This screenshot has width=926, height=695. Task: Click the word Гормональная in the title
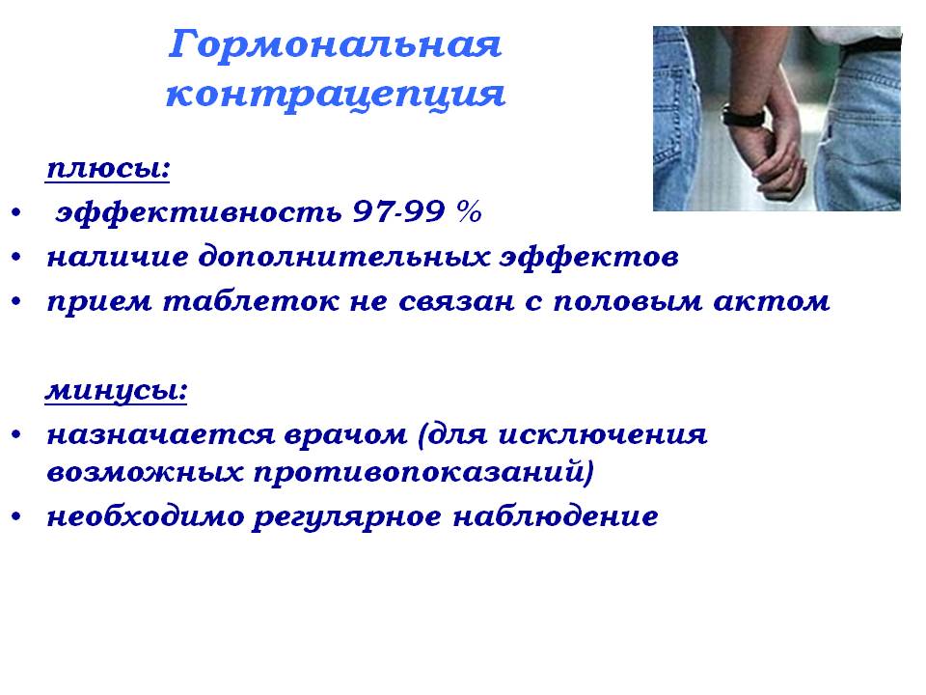[335, 46]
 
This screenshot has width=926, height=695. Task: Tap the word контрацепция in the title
[336, 95]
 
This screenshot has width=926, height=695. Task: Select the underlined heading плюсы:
[108, 168]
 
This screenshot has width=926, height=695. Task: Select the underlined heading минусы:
[117, 391]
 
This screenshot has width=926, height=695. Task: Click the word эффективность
[199, 212]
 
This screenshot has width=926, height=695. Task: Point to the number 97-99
[398, 211]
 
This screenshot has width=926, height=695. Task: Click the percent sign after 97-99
[469, 211]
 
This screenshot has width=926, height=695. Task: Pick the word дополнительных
[343, 257]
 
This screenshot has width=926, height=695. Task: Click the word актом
[772, 301]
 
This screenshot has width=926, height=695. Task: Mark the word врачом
[345, 436]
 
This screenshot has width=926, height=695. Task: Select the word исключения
[602, 435]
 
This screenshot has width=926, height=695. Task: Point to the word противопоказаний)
[423, 473]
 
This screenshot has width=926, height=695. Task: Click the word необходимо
[146, 516]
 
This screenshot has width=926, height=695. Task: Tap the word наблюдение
[556, 515]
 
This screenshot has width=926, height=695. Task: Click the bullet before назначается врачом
[16, 435]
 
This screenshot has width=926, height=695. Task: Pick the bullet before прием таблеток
[16, 301]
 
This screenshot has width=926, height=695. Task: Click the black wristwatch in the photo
[744, 116]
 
